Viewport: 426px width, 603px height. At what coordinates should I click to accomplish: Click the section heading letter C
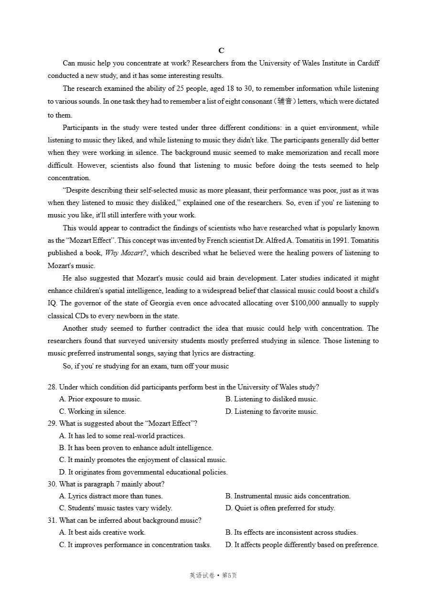point(221,51)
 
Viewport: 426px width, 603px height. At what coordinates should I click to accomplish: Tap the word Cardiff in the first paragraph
point(367,63)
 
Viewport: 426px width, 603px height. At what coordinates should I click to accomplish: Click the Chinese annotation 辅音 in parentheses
point(285,101)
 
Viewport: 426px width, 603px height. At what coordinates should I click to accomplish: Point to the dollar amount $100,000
point(305,303)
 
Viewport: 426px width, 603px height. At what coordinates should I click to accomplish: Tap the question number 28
point(52,387)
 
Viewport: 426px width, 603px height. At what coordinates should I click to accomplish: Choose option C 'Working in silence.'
point(92,411)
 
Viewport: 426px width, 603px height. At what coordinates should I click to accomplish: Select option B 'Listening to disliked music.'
point(271,399)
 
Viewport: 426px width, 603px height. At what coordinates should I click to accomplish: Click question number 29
point(52,423)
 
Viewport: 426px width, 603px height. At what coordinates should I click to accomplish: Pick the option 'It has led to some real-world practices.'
point(122,436)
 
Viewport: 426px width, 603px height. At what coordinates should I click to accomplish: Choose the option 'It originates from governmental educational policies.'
point(143,472)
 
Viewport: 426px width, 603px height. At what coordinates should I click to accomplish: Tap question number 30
point(52,484)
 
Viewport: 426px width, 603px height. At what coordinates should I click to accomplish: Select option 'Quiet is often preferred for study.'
point(280,508)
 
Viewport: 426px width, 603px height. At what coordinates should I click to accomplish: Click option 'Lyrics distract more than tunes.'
point(111,496)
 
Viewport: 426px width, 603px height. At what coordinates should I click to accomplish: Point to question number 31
point(52,520)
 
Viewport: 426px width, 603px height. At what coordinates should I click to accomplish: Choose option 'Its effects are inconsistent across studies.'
point(291,532)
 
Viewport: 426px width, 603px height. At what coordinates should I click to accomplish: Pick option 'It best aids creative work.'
point(102,532)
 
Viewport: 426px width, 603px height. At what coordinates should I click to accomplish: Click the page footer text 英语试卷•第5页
point(213,575)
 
